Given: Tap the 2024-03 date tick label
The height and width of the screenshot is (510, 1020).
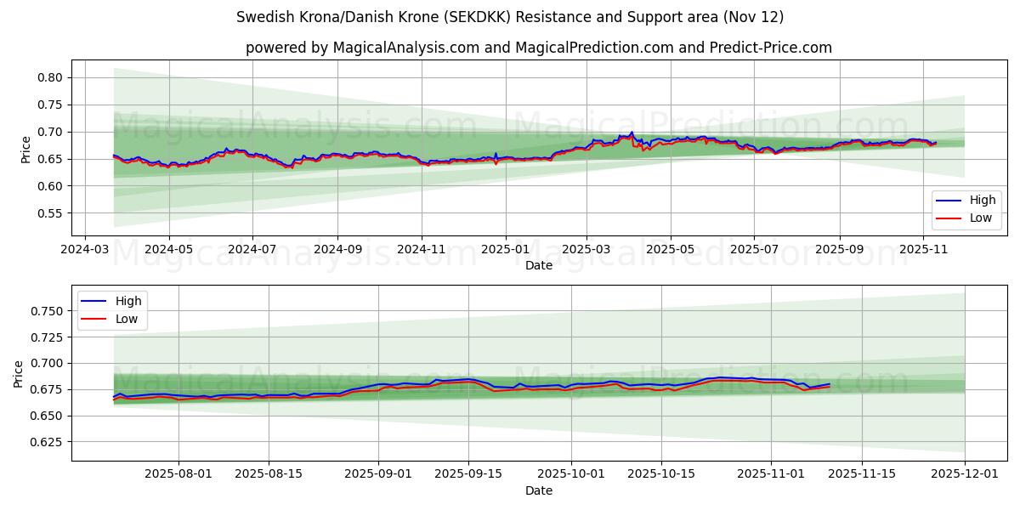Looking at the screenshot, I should click(x=84, y=251).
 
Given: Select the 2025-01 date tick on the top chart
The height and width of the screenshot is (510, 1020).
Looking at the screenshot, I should click(x=506, y=251).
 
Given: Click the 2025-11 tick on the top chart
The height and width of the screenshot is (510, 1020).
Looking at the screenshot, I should click(x=924, y=251).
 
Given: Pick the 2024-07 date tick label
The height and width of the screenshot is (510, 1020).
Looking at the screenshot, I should click(x=252, y=251).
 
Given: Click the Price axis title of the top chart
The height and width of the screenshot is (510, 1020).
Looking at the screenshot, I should click(x=25, y=149).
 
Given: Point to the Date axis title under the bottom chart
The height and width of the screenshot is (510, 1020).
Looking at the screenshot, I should click(x=539, y=490).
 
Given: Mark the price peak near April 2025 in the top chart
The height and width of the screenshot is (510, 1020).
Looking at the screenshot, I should click(x=632, y=133).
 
